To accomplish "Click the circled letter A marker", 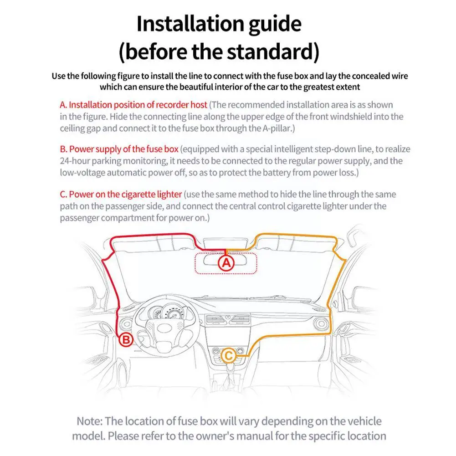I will tap(227, 263).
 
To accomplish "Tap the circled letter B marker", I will tap(126, 339).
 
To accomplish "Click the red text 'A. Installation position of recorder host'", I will tap(133, 105).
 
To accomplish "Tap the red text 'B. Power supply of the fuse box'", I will tap(119, 149).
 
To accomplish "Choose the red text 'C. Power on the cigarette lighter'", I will tap(121, 194).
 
